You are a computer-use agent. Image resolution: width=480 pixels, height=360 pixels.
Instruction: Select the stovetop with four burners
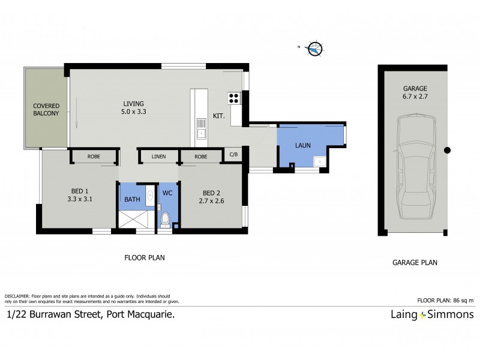[x=233, y=99]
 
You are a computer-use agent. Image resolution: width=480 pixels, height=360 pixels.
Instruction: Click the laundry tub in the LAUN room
[x=322, y=161]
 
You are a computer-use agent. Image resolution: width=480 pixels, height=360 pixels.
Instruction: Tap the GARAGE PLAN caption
[x=415, y=262]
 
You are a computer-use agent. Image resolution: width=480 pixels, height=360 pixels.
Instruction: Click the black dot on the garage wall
[x=447, y=151]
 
